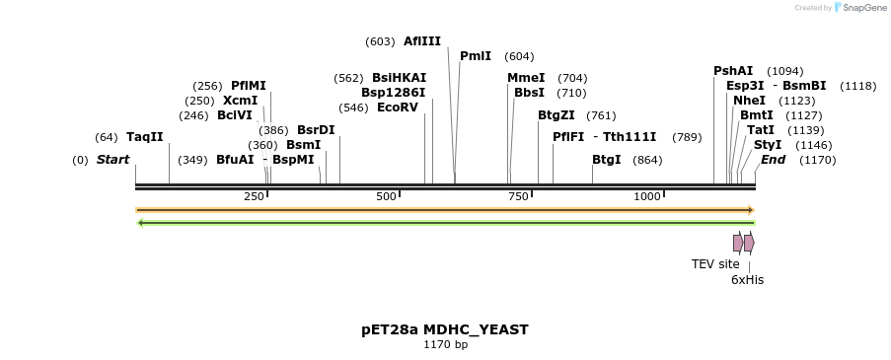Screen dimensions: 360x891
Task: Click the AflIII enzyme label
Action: tap(421, 41)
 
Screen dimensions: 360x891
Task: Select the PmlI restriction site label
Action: tap(475, 56)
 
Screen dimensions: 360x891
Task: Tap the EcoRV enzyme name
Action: tap(398, 108)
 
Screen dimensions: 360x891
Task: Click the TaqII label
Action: tap(144, 137)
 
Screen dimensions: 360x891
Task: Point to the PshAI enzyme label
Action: tap(733, 71)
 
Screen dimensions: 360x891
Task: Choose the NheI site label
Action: tap(749, 101)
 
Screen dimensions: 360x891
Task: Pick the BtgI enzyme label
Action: tap(606, 160)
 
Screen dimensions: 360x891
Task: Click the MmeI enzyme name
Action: tap(526, 78)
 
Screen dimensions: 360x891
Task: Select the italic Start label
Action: tap(112, 160)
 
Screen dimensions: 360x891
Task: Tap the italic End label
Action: tap(773, 160)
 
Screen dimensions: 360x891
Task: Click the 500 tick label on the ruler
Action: tap(386, 196)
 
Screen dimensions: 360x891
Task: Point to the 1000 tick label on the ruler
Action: tap(647, 196)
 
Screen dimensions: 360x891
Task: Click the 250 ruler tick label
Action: tap(254, 196)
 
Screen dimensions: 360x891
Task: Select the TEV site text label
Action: tap(715, 264)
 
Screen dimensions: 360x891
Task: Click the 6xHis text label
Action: tap(747, 280)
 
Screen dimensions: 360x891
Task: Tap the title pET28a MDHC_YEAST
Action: tap(445, 329)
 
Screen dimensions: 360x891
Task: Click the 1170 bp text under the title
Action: tap(445, 345)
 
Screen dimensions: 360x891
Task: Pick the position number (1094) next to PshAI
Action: tap(784, 71)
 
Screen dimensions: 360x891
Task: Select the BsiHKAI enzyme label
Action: tap(399, 78)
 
